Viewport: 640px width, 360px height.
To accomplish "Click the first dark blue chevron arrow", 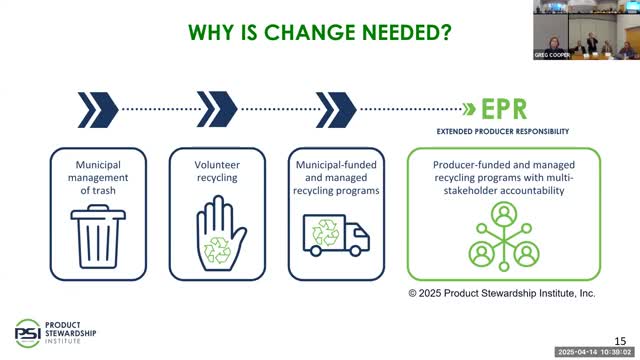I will pos(97,106).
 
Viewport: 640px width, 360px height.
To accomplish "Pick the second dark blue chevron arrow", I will pos(217,106).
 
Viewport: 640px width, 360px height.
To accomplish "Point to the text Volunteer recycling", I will pos(217,170).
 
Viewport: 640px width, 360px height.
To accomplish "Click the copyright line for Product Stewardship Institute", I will pos(501,293).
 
